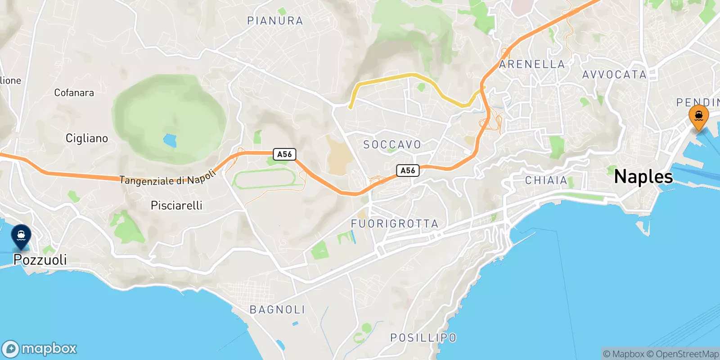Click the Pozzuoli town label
pos(40,260)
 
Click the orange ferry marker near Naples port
pos(698,117)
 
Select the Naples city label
pos(643,176)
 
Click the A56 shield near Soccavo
pos(408,171)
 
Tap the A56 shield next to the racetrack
pos(284,154)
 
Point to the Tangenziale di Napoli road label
pos(168,179)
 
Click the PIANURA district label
pos(275,21)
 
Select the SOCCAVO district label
pos(392,144)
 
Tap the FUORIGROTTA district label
pos(394,224)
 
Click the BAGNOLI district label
pos(277,310)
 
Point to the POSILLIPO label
pos(423,337)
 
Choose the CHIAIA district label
pos(546,180)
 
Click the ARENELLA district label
pos(532,64)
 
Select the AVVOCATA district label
pos(614,75)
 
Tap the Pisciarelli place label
pos(176,206)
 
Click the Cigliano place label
pos(87,138)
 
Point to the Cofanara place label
pos(74,93)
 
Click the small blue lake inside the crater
pos(170,141)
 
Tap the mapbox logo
pos(40,349)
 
